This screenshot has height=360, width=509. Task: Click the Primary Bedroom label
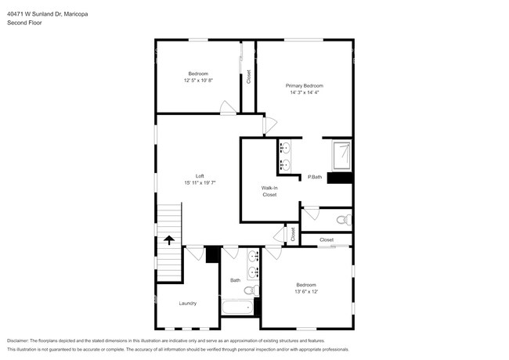coord(304,85)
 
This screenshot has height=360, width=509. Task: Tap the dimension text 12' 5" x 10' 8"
coord(198,80)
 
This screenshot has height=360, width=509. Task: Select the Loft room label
coord(200,175)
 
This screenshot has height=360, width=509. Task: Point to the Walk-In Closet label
coord(269,191)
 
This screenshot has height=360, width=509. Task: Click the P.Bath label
coord(315,177)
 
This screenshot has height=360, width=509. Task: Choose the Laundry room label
coord(188,303)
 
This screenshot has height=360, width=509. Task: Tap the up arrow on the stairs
coord(168,241)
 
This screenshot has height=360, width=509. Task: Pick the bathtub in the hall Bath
coord(237,306)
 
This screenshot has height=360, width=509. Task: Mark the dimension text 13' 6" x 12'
coord(305,291)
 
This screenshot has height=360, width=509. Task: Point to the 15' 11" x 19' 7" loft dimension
coord(200,182)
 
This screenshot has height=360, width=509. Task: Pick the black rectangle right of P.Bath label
coord(340,178)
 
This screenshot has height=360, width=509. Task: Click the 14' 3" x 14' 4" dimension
coord(304,92)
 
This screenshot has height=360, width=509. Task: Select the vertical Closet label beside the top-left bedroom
coord(248,77)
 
